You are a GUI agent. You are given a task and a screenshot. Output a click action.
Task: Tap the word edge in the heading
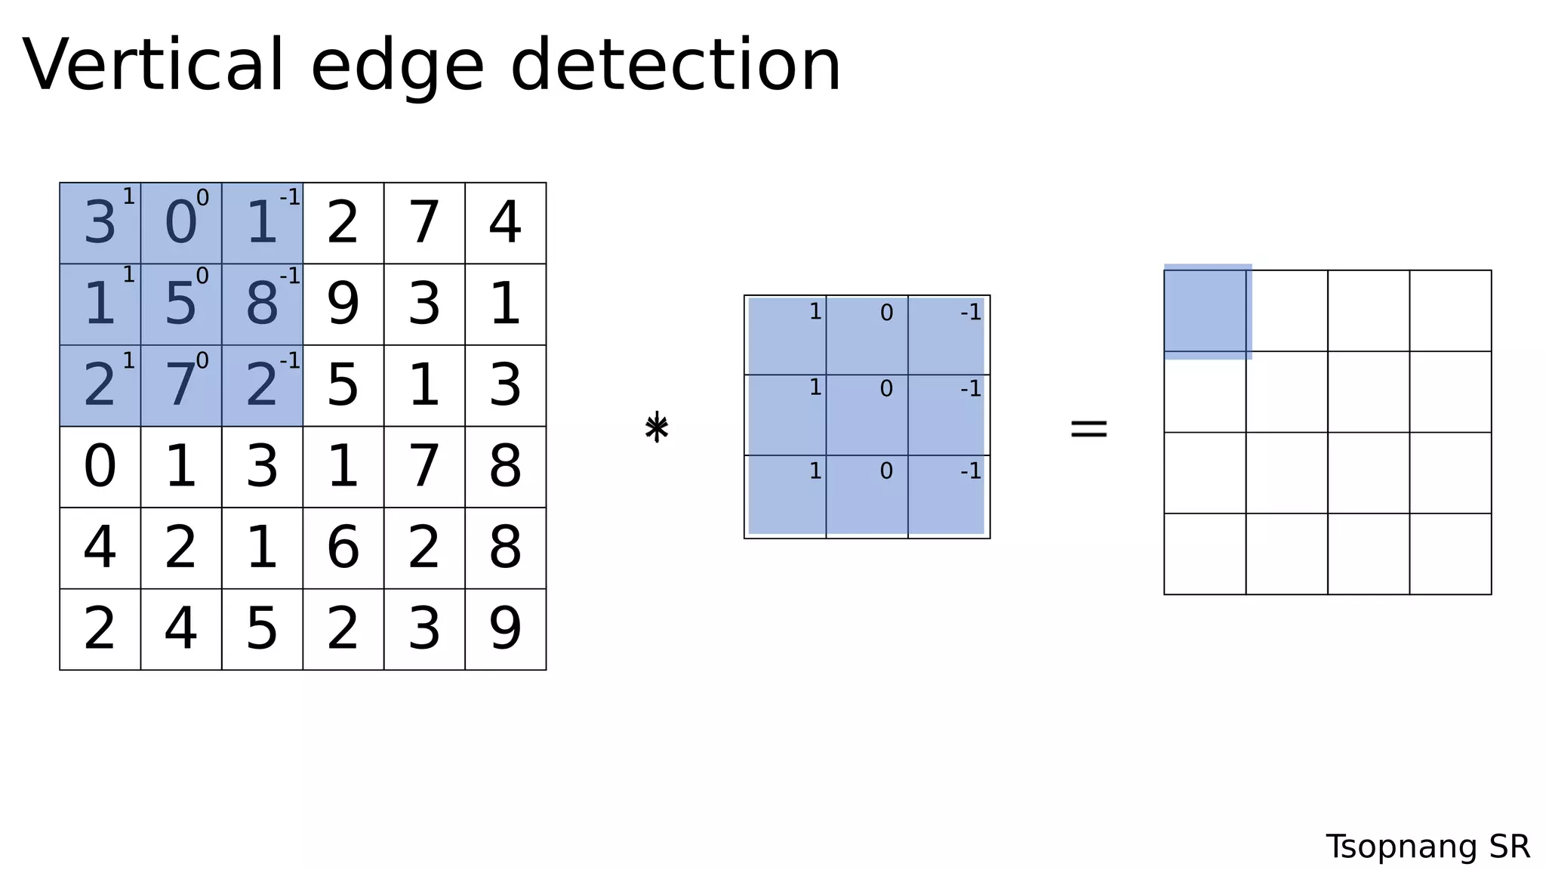pyautogui.click(x=397, y=69)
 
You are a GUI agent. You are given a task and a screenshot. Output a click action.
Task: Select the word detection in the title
pyautogui.click(x=675, y=66)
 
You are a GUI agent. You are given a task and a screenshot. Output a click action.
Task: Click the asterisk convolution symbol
pyautogui.click(x=657, y=427)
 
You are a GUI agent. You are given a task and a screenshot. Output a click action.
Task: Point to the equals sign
pyautogui.click(x=1089, y=429)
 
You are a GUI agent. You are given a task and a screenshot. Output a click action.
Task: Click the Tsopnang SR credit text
pyautogui.click(x=1427, y=847)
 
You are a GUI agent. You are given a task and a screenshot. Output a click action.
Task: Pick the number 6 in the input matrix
pyautogui.click(x=343, y=548)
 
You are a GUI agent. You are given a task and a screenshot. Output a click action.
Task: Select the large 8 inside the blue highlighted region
pyautogui.click(x=262, y=304)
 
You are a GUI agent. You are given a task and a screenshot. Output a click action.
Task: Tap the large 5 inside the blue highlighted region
pyautogui.click(x=180, y=304)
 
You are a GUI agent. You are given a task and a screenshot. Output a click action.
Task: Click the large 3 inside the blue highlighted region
pyautogui.click(x=100, y=224)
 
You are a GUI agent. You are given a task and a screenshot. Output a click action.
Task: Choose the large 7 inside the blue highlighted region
pyautogui.click(x=180, y=386)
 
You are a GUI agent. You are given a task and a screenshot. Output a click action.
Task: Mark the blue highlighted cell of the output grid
pyautogui.click(x=1207, y=311)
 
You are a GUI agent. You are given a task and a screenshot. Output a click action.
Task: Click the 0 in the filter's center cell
pyautogui.click(x=886, y=388)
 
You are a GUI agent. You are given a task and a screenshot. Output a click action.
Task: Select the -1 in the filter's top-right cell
pyautogui.click(x=971, y=312)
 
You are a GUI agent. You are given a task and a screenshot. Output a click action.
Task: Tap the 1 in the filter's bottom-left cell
pyautogui.click(x=815, y=470)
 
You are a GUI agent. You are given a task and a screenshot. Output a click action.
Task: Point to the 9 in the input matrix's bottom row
pyautogui.click(x=505, y=629)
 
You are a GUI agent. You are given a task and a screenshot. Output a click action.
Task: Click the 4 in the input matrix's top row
pyautogui.click(x=505, y=224)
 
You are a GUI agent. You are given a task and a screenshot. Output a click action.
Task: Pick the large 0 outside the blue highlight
pyautogui.click(x=100, y=467)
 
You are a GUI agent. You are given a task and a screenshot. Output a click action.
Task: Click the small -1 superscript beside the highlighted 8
pyautogui.click(x=290, y=276)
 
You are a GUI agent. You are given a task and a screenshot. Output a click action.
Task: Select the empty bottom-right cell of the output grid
pyautogui.click(x=1450, y=554)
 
